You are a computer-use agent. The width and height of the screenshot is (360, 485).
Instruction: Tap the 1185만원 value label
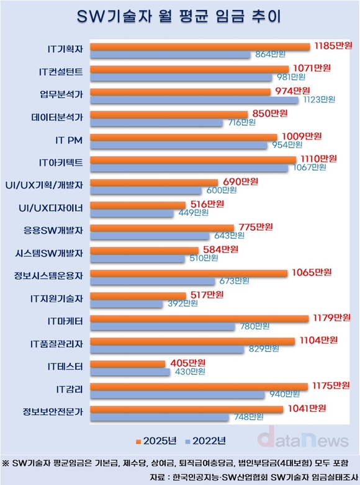coord(332,46)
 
